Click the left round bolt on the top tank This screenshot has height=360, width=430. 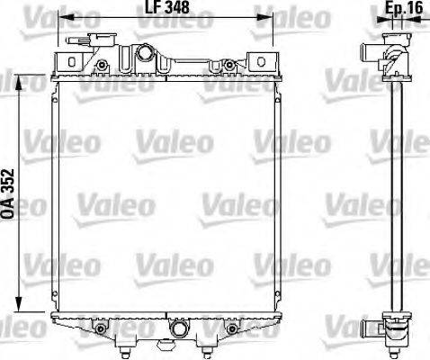coord(104,65)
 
